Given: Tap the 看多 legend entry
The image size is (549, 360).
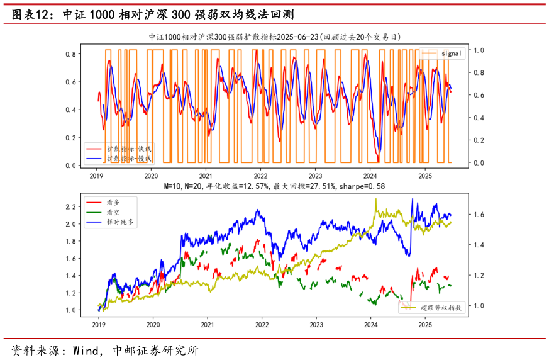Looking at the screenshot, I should (x=114, y=203).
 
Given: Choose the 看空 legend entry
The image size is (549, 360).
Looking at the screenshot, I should (x=114, y=212).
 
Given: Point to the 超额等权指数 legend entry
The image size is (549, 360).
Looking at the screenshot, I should (x=441, y=308).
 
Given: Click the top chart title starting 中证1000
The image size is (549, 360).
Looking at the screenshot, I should (x=274, y=37).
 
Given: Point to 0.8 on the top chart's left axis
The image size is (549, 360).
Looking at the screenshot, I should (x=71, y=54).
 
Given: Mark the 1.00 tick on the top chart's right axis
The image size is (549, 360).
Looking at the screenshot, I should (x=479, y=50).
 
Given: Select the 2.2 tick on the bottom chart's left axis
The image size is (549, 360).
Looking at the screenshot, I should (x=71, y=206).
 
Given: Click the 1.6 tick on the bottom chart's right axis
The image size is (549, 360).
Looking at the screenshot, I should (x=479, y=215).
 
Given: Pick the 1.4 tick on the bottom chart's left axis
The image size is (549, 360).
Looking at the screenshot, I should (x=71, y=276).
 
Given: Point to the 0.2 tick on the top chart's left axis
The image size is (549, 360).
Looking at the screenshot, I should (x=71, y=138).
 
